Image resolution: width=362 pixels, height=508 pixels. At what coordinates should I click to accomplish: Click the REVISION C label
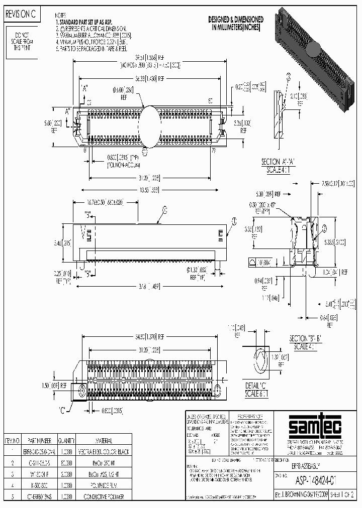(x=21, y=15)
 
